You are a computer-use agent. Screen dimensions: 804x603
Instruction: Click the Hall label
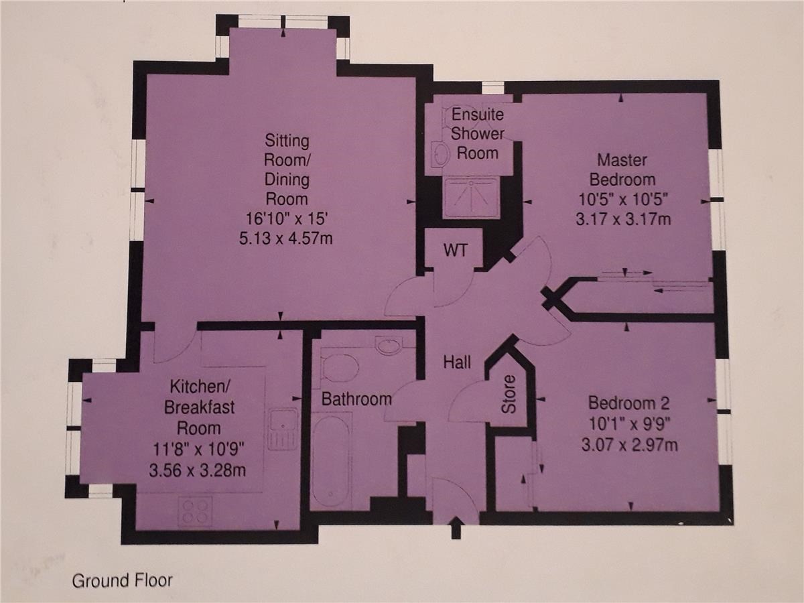[x=457, y=362]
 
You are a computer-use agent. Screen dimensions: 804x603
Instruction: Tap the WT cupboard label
[x=456, y=251]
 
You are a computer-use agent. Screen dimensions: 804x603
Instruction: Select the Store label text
[x=509, y=395]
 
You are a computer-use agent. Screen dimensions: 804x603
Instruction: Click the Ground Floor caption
[x=123, y=581]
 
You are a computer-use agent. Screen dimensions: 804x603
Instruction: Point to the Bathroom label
[x=356, y=399]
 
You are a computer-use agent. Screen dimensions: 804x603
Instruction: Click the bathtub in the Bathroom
[x=332, y=461]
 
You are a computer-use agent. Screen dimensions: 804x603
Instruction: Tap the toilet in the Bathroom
[x=340, y=367]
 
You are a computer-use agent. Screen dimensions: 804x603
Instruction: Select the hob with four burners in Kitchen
[x=194, y=511]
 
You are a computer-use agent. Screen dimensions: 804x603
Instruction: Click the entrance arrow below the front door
[x=456, y=527]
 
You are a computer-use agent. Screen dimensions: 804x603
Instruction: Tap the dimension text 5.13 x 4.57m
[x=285, y=239]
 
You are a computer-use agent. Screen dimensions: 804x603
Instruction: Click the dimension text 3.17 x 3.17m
[x=623, y=219]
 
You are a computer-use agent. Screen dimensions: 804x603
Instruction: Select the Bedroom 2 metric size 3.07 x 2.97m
[x=630, y=445]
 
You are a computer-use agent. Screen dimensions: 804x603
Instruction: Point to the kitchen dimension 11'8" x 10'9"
[x=198, y=449]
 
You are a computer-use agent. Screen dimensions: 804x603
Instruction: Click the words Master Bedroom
[x=622, y=170]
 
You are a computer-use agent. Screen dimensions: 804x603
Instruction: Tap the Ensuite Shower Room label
[x=478, y=133]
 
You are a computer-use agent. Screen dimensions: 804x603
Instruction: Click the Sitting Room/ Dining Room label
[x=287, y=170]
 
